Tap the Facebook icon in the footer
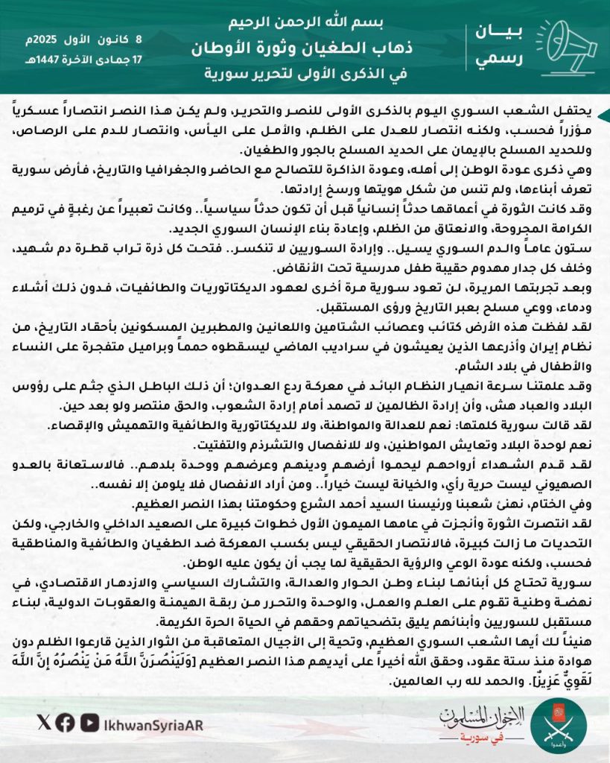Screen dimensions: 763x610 pos(66,721)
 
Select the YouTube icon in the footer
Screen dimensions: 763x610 pos(90,721)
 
